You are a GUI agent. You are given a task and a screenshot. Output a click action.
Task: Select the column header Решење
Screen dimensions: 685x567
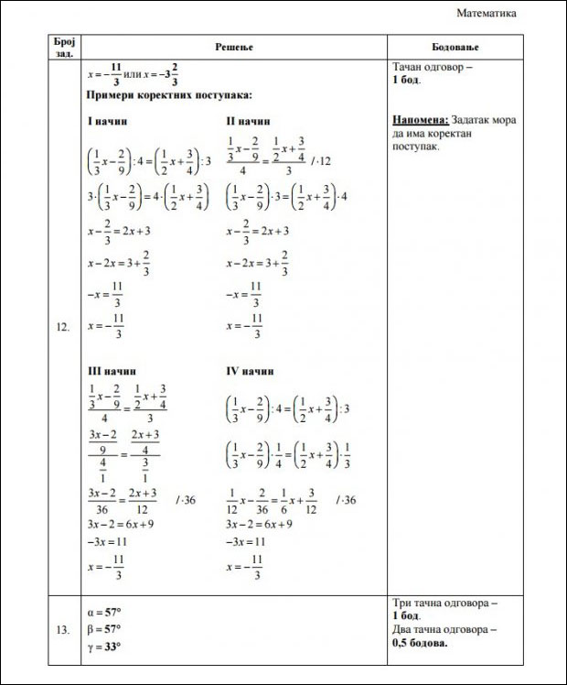[x=233, y=46]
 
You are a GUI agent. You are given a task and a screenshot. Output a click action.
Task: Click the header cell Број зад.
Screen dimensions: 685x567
[x=64, y=46]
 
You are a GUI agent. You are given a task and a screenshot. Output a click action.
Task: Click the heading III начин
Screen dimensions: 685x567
[x=111, y=372]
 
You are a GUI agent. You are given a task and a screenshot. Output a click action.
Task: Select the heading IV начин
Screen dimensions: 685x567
[x=250, y=372]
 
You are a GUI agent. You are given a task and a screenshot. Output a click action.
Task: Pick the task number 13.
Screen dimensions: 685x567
[x=63, y=630]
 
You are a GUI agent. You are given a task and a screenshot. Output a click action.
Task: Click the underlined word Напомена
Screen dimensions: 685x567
[x=420, y=120]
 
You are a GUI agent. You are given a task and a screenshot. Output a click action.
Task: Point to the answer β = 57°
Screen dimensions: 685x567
[x=103, y=629]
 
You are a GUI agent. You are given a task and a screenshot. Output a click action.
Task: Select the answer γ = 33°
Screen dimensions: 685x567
[x=103, y=647]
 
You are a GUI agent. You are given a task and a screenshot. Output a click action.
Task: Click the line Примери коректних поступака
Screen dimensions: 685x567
[x=169, y=95]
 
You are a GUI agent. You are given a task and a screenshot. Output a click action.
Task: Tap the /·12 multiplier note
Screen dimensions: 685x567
[x=320, y=161]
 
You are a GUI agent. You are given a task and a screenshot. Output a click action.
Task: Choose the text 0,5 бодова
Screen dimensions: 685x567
[x=420, y=643]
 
